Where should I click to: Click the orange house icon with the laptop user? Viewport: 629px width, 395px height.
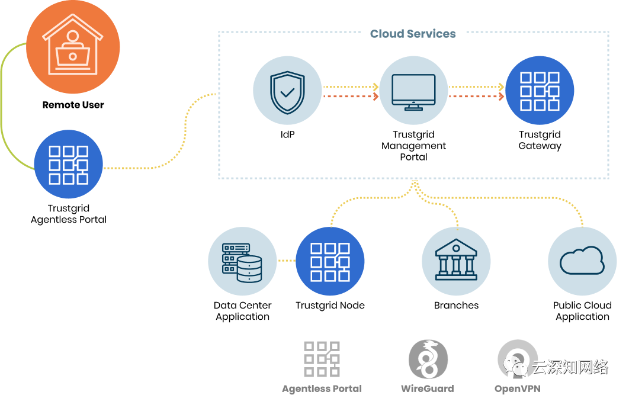(72, 47)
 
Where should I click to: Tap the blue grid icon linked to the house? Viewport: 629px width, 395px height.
(68, 164)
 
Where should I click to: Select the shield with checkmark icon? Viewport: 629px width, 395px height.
(287, 90)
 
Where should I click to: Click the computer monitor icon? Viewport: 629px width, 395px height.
(413, 90)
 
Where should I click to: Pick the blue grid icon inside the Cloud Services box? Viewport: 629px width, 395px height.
(540, 90)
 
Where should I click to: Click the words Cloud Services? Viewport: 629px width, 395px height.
(413, 34)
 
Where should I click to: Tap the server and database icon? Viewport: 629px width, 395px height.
(242, 261)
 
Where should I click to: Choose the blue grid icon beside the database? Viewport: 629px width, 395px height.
(330, 261)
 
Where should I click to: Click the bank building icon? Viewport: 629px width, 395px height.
(456, 261)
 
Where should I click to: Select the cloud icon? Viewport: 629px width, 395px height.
(582, 261)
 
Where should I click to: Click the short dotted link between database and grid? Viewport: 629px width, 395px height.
(286, 261)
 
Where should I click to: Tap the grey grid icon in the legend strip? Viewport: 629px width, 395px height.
(322, 359)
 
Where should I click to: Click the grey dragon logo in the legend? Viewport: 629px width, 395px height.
(428, 359)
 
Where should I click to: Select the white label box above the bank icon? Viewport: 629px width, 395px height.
(450, 208)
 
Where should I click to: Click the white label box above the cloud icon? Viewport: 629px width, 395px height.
(574, 208)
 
